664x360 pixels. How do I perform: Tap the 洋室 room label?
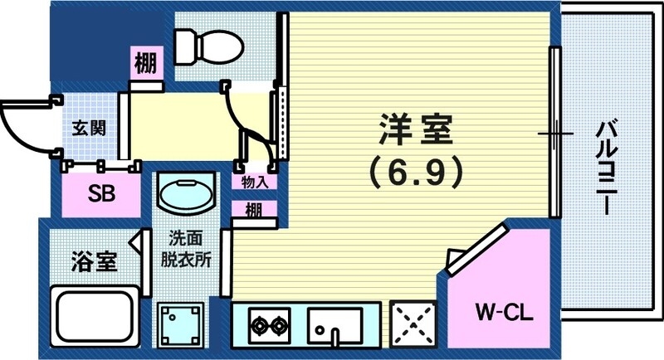click(415, 132)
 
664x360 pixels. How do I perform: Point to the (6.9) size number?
click(414, 173)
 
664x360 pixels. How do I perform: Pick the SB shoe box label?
click(102, 195)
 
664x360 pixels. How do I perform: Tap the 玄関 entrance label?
click(85, 129)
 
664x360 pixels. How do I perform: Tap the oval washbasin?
click(185, 195)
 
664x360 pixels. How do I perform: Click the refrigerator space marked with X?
click(413, 322)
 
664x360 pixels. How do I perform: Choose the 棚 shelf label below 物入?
click(255, 211)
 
